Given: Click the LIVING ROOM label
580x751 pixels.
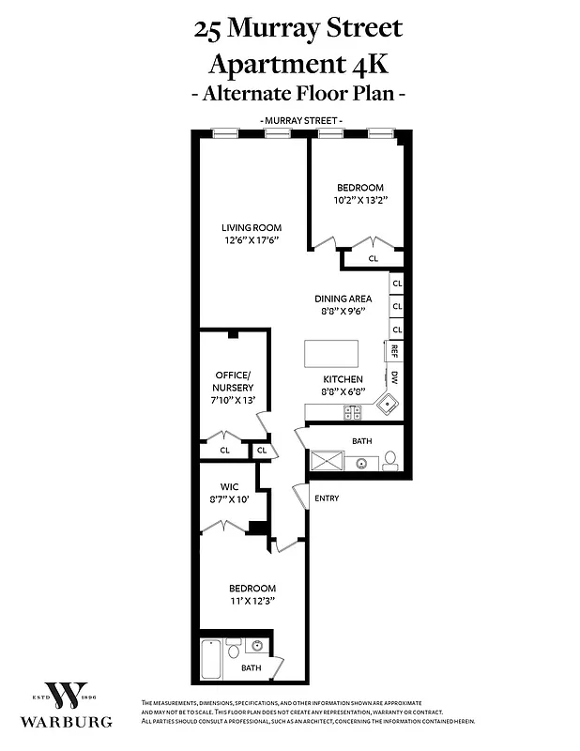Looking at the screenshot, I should tap(251, 228).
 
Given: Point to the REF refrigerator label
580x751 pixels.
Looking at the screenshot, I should tap(395, 350).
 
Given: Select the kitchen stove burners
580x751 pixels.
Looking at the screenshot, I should tap(354, 411).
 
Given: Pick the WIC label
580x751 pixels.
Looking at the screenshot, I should tap(230, 486).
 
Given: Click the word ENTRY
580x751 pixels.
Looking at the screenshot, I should tap(327, 498).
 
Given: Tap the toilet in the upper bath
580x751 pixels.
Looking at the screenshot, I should tap(389, 460).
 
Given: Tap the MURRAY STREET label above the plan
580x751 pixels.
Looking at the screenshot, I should tap(301, 121).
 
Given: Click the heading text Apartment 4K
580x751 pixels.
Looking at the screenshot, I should tap(298, 65).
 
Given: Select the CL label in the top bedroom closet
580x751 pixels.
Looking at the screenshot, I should tap(373, 258).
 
